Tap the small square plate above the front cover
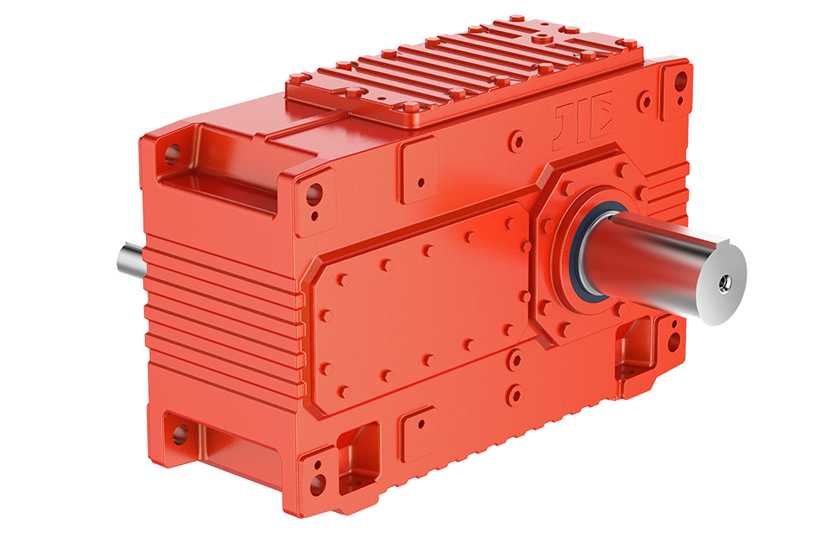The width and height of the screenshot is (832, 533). pos(418,170)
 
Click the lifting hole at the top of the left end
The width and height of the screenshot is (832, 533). pos(172,154)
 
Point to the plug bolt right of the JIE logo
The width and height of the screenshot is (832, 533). pos(644,103)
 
